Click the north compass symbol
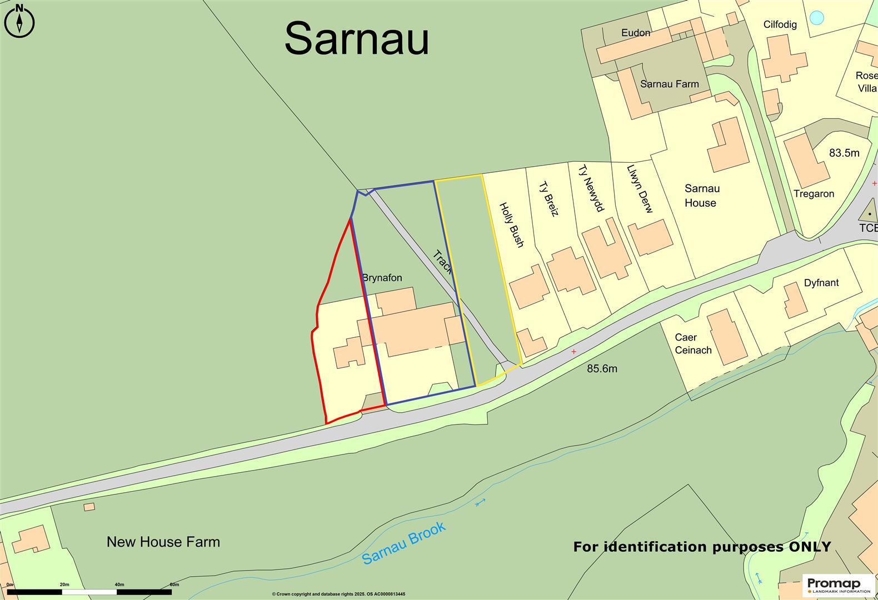[x=19, y=21]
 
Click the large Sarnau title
[x=357, y=38]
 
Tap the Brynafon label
[x=382, y=277]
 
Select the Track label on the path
[x=443, y=263]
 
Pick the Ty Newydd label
[x=590, y=188]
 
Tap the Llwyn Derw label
[x=640, y=189]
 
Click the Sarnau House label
[x=701, y=196]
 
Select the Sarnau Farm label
[x=669, y=84]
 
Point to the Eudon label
[x=636, y=33]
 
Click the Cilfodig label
[x=780, y=24]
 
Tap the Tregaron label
[x=814, y=194]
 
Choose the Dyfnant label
[x=821, y=283]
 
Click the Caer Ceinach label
[x=693, y=343]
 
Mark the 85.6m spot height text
[x=602, y=368]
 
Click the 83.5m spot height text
[x=844, y=153]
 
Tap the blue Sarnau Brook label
[x=404, y=543]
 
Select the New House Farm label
[x=163, y=542]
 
